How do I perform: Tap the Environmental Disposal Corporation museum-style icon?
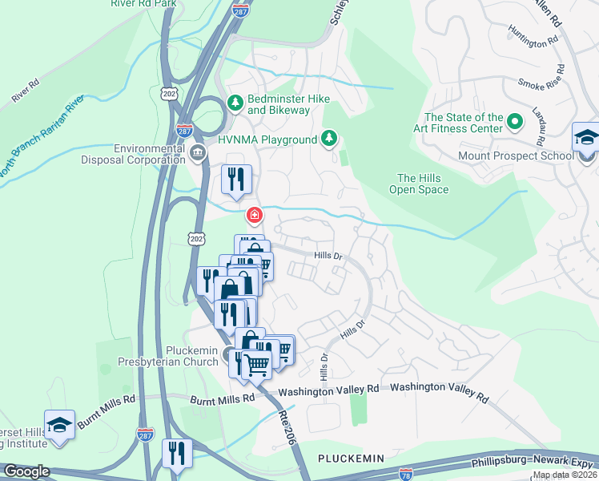(x=198, y=151)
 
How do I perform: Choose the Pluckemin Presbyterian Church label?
(x=168, y=356)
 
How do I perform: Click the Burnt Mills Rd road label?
(x=222, y=398)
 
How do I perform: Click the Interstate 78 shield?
(x=406, y=475)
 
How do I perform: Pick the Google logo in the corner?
(x=26, y=471)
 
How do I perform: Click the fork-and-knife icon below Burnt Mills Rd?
(x=176, y=453)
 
